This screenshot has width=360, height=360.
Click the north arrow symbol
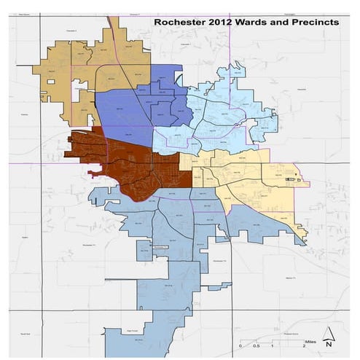(x=329, y=337)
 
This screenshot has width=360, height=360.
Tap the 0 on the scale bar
(x=240, y=347)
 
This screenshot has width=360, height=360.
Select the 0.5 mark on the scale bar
(x=256, y=347)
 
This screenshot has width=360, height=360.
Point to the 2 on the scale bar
(x=302, y=347)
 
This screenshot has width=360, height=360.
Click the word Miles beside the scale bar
(x=311, y=340)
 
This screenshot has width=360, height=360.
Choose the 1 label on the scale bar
(x=272, y=347)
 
